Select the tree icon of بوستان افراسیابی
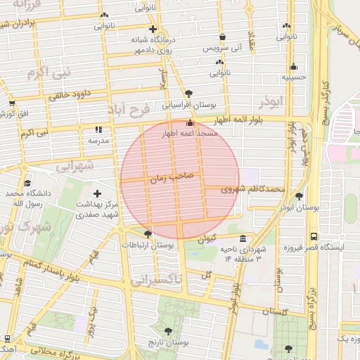click(188, 93)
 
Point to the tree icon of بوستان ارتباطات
click(147, 233)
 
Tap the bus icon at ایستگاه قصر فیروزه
click(313, 236)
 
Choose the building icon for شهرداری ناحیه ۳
click(243, 238)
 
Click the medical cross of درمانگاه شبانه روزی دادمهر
click(152, 29)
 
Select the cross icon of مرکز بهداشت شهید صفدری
click(97, 193)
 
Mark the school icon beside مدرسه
click(98, 129)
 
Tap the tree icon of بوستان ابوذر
click(300, 196)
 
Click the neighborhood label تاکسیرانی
click(156, 279)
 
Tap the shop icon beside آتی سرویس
click(223, 37)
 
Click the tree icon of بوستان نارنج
click(167, 330)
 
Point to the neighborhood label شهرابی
click(74, 167)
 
